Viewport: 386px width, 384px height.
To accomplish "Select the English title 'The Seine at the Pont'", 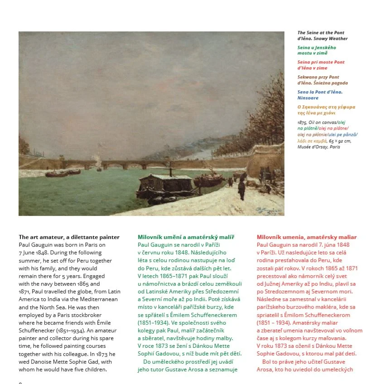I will (x=321, y=33).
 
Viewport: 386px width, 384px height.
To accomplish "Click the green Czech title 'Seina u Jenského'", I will (x=316, y=47).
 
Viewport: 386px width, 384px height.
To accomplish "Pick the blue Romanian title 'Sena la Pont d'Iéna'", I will (x=320, y=92).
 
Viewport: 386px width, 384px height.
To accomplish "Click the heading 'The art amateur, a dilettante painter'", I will (x=69, y=237).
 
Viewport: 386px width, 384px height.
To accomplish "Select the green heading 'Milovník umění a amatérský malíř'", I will (x=186, y=237).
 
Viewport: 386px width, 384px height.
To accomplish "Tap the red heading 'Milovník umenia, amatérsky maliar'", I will (x=306, y=237).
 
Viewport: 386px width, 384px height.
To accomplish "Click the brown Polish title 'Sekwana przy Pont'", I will (x=318, y=77).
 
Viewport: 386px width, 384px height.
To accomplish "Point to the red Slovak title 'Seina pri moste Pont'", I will (x=321, y=62).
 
